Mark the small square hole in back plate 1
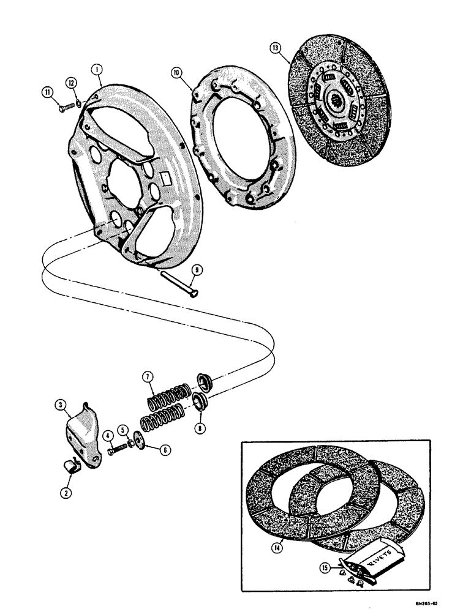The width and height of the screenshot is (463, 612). coord(165,179)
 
